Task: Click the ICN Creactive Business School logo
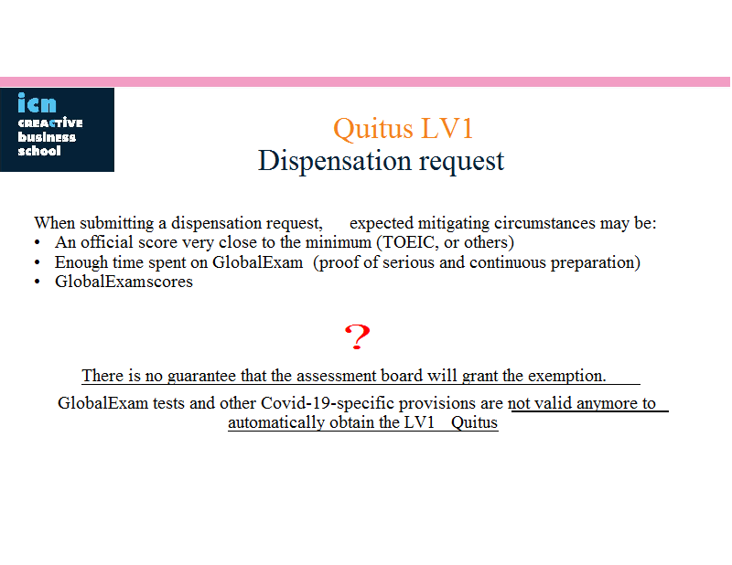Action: [x=57, y=130]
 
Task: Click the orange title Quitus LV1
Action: [x=404, y=128]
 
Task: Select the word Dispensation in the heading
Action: [x=335, y=162]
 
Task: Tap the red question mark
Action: [x=357, y=336]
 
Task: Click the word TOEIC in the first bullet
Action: [x=407, y=242]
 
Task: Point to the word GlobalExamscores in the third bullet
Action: [x=124, y=282]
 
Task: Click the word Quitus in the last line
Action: [x=474, y=422]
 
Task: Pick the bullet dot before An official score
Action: [x=38, y=243]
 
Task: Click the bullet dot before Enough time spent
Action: [x=38, y=262]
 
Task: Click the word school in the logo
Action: [x=39, y=151]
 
